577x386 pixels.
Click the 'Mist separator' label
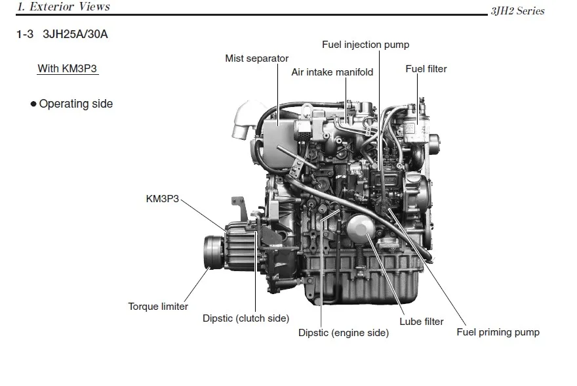(x=256, y=58)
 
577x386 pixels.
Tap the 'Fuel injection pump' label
(x=365, y=45)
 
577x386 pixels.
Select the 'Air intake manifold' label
(x=332, y=72)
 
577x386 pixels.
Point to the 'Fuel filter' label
(x=426, y=68)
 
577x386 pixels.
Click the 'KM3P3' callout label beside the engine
(x=162, y=198)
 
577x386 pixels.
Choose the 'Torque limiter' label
(x=158, y=307)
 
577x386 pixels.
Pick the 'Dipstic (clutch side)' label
(x=245, y=318)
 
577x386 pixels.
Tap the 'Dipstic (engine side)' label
(x=343, y=333)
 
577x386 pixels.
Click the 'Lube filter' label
(x=422, y=322)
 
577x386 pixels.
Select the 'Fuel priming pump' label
(x=498, y=332)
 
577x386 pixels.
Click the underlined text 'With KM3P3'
(x=68, y=68)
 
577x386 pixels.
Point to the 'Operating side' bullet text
(x=75, y=104)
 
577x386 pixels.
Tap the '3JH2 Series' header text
(x=517, y=11)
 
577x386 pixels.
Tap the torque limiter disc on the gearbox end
(x=211, y=252)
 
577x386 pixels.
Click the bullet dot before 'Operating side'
(x=33, y=104)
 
